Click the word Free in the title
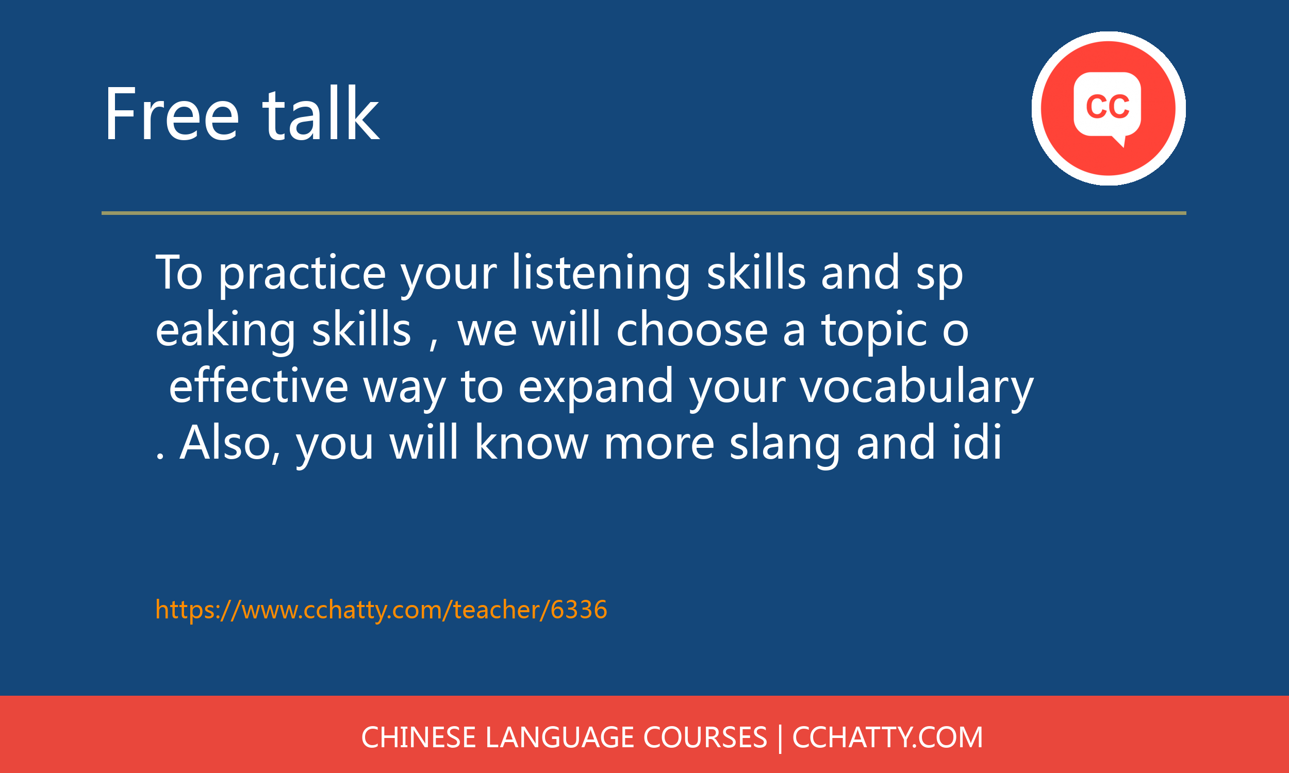172,113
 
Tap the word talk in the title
321,113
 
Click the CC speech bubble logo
1108,108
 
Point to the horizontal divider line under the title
644,213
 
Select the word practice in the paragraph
302,275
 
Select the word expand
596,389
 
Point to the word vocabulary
917,389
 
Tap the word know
532,442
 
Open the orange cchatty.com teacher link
382,610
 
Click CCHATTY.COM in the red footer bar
887,737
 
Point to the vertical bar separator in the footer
780,738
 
